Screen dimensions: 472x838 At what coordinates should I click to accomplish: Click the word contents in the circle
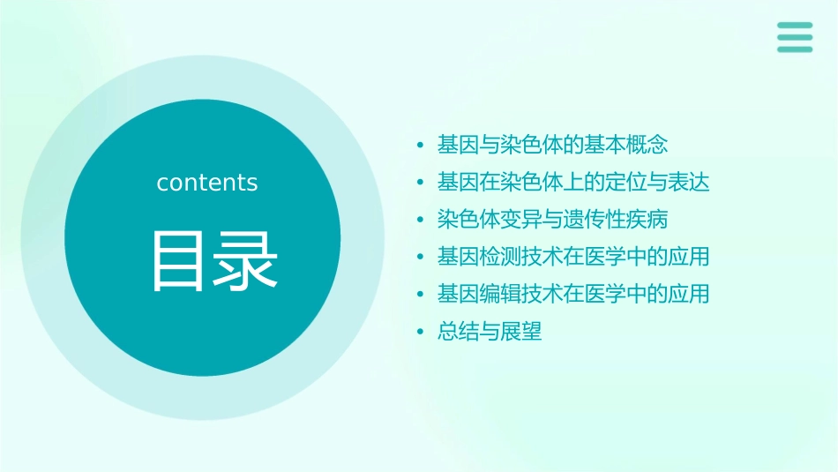tap(207, 183)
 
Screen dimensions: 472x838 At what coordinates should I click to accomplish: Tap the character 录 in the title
tap(243, 260)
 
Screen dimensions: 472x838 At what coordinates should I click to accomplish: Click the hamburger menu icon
tap(795, 37)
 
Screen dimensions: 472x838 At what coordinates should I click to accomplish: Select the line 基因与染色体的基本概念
tap(552, 145)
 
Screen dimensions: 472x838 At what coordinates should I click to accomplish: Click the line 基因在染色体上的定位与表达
tap(573, 183)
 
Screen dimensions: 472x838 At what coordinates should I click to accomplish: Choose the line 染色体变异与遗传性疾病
tap(552, 220)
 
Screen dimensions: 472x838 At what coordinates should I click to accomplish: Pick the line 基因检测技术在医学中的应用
tap(573, 258)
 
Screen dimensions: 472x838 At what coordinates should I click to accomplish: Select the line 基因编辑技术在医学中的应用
tap(573, 295)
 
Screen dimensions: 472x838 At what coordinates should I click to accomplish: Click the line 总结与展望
tap(490, 333)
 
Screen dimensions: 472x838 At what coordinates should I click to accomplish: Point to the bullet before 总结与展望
tap(421, 333)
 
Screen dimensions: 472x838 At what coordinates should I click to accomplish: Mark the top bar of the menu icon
tap(795, 26)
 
